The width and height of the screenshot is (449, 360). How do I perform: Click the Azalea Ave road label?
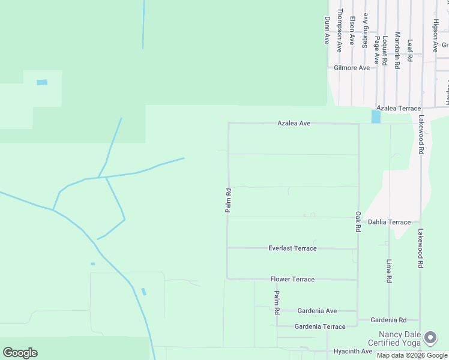pyautogui.click(x=294, y=123)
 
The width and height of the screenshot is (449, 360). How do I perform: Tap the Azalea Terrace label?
pyautogui.click(x=399, y=108)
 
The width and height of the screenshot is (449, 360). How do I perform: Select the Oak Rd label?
pyautogui.click(x=358, y=221)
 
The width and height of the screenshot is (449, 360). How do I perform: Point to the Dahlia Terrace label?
pyautogui.click(x=389, y=222)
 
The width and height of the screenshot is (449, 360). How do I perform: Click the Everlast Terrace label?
pyautogui.click(x=292, y=248)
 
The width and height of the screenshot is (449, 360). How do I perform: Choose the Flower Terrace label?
pyautogui.click(x=292, y=280)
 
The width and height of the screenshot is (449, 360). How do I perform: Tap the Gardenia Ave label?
pyautogui.click(x=318, y=311)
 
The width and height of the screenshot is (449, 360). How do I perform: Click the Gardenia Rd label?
pyautogui.click(x=388, y=320)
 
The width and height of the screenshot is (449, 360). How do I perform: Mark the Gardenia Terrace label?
pyautogui.click(x=320, y=326)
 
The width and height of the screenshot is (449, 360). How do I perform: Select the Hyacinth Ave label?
pyautogui.click(x=353, y=351)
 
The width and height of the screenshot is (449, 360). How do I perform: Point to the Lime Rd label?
pyautogui.click(x=389, y=271)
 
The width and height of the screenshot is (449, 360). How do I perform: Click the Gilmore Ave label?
pyautogui.click(x=352, y=68)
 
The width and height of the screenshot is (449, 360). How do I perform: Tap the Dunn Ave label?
pyautogui.click(x=327, y=30)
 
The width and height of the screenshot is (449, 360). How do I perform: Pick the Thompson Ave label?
pyautogui.click(x=339, y=30)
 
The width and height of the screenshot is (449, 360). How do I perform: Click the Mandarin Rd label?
pyautogui.click(x=397, y=50)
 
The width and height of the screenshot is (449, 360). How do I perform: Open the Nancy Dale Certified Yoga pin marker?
pyautogui.click(x=430, y=338)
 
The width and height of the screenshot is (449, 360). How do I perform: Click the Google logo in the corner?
pyautogui.click(x=20, y=353)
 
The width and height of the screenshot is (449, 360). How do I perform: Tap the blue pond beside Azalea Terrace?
pyautogui.click(x=376, y=116)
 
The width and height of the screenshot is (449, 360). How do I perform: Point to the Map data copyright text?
pyautogui.click(x=412, y=355)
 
